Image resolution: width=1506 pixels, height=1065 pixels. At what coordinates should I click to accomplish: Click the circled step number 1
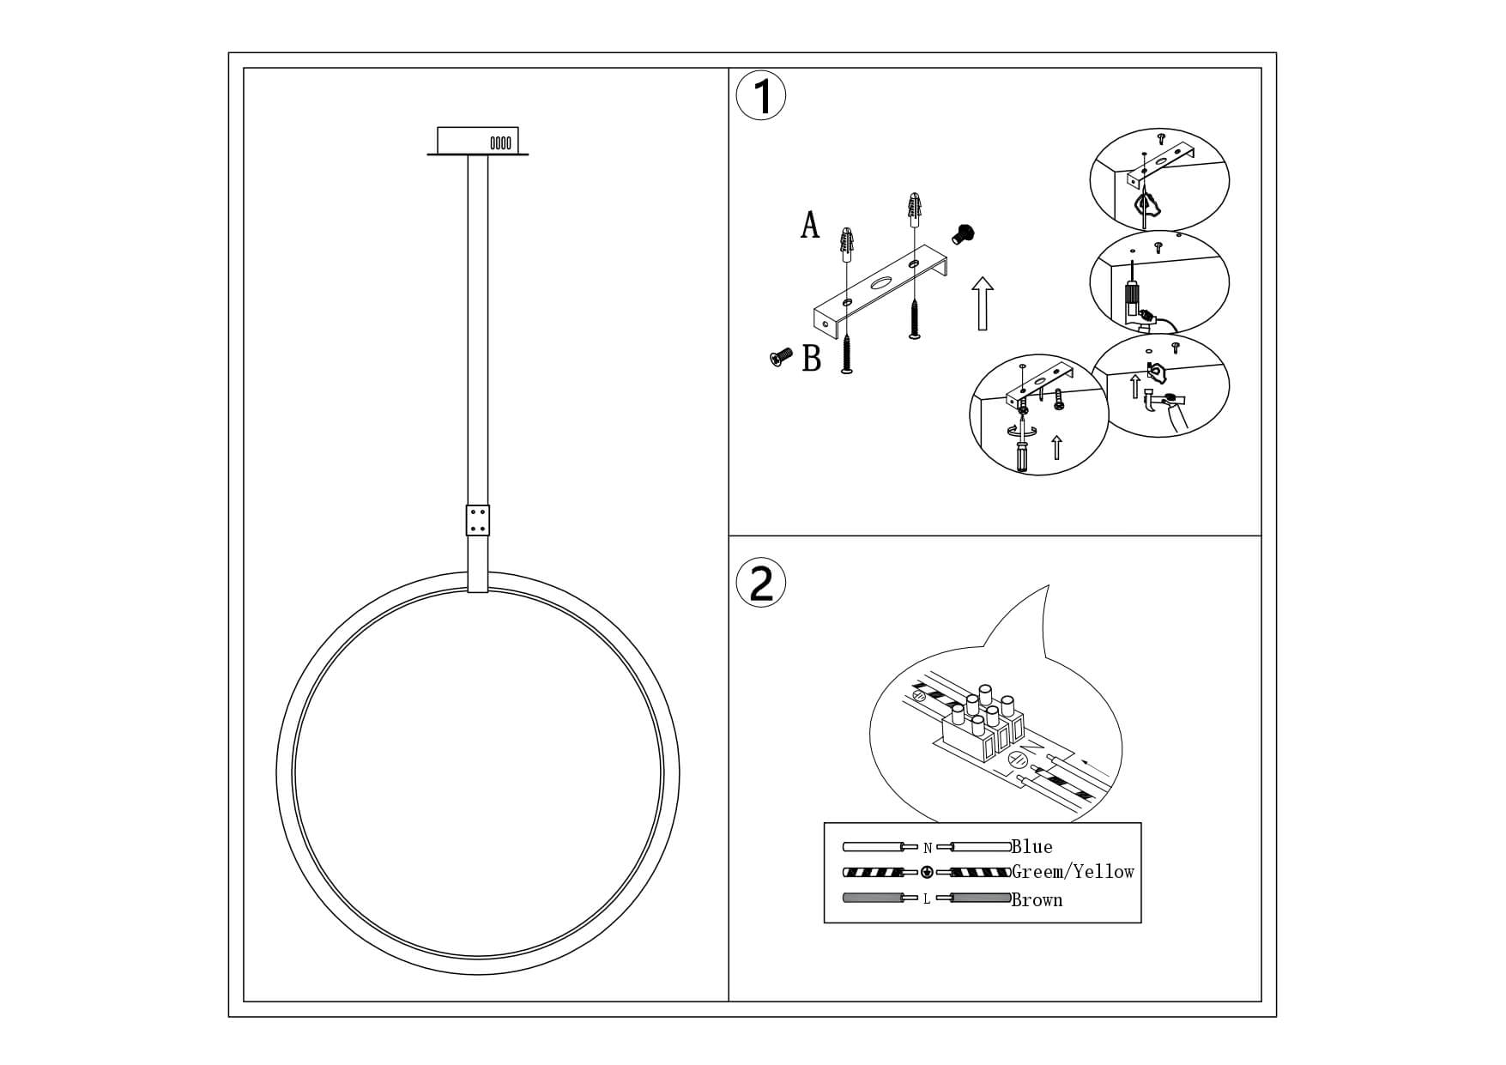761,96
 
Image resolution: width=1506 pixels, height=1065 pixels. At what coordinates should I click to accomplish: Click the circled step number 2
761,583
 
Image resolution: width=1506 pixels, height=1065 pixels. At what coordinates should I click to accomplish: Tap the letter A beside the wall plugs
810,225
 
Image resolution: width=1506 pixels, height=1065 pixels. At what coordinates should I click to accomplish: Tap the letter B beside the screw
812,358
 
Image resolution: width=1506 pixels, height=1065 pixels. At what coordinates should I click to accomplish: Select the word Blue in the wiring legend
1031,847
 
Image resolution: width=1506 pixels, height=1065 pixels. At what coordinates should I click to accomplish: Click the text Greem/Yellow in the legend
1073,872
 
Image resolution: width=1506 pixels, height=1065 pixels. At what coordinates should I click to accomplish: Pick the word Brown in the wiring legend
1037,899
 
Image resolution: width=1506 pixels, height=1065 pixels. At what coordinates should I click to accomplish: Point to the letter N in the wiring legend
927,848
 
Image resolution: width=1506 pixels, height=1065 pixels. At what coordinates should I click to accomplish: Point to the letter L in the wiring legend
927,899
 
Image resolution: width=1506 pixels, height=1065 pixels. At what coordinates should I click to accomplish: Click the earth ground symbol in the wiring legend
927,873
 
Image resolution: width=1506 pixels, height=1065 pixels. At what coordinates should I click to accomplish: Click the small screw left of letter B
781,358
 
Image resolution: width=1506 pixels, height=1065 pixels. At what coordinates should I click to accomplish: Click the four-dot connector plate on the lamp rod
478,519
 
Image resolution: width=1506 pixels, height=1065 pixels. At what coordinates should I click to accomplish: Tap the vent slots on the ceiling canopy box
500,142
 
